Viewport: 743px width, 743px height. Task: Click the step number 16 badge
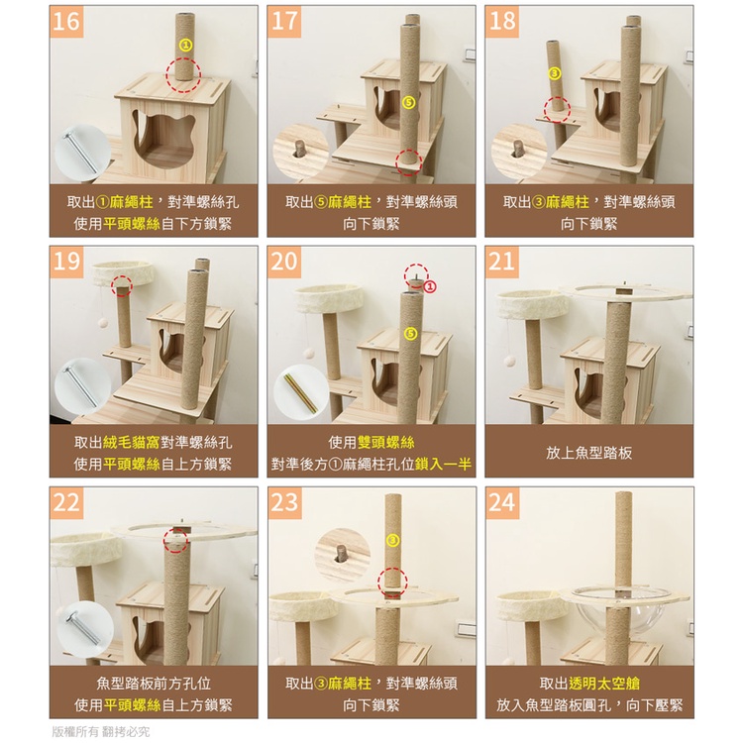pos(65,22)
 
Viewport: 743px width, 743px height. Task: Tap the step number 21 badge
pos(501,262)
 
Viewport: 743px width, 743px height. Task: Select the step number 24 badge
pos(501,502)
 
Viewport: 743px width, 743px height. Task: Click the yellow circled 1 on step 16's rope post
pos(186,45)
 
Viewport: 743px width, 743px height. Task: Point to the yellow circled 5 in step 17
pos(409,102)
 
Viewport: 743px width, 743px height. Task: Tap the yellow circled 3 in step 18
pos(554,73)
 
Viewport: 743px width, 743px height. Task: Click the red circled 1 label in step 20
pos(430,286)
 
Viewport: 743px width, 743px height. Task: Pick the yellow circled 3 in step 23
pos(393,540)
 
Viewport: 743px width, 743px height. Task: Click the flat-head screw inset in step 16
pos(82,153)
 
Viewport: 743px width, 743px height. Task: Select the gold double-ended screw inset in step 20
pos(301,392)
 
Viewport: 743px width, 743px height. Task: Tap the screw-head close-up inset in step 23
pos(342,555)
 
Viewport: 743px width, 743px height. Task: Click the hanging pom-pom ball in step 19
pos(103,323)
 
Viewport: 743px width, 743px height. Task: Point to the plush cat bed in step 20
pos(329,298)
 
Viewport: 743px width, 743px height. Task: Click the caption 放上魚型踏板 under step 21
pos(589,453)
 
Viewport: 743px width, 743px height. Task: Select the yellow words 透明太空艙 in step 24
pos(603,683)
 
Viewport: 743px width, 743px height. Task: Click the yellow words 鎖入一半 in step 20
pos(443,464)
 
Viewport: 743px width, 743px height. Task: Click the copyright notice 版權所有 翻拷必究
pos(100,731)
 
